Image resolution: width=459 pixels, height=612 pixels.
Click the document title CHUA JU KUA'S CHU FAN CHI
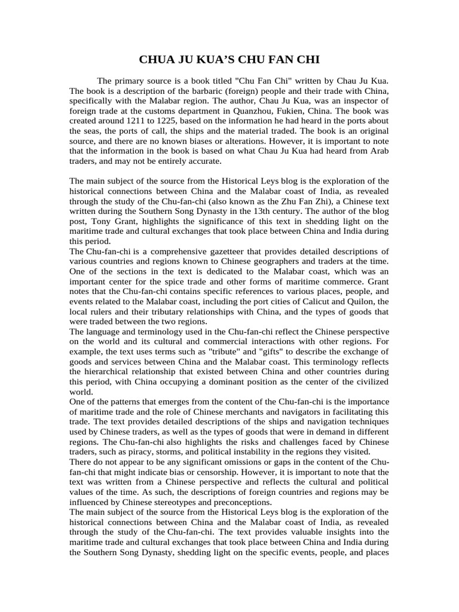pyautogui.click(x=229, y=60)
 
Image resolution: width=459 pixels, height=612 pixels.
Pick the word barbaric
pyautogui.click(x=192, y=90)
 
